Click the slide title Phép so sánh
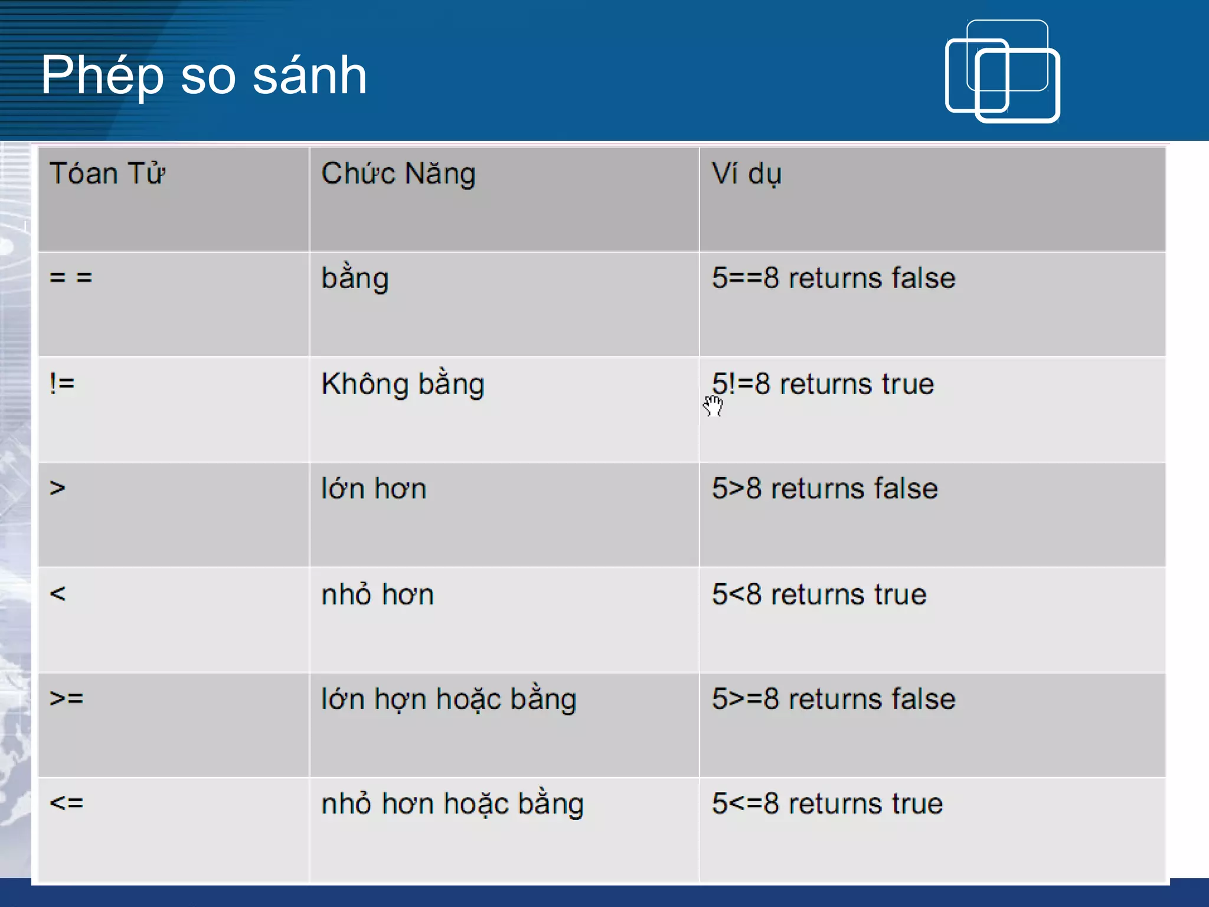[x=204, y=75]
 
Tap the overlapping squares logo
[x=1002, y=72]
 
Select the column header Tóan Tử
[x=107, y=174]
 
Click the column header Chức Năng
[x=398, y=174]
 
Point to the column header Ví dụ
[x=747, y=174]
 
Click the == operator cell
[x=71, y=277]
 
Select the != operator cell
[x=62, y=384]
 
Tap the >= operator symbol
[x=67, y=698]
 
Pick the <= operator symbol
[x=67, y=803]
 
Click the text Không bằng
[x=403, y=384]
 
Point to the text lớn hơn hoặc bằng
[x=449, y=699]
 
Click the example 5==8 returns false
[x=834, y=278]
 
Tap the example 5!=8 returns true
[x=823, y=384]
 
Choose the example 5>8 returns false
[x=825, y=489]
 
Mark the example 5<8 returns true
[x=819, y=594]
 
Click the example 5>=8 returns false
[x=834, y=699]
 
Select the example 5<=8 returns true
[x=827, y=804]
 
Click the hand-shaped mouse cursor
[x=713, y=406]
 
